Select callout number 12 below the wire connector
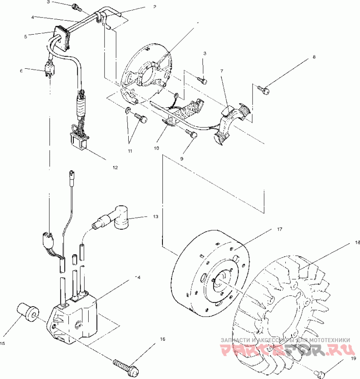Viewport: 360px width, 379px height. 115,168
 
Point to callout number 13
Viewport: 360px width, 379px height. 155,217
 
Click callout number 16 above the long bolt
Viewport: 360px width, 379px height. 162,340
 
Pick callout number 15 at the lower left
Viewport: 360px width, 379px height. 2,343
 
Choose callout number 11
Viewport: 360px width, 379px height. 130,151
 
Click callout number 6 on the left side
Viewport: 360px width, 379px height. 21,70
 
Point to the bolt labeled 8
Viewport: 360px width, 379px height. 265,91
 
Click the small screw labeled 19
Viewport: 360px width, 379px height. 320,373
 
